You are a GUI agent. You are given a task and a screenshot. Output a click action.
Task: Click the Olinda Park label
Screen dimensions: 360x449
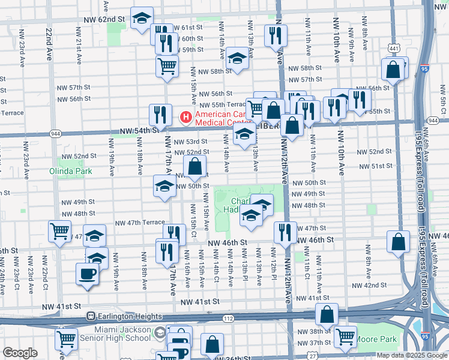click(71, 171)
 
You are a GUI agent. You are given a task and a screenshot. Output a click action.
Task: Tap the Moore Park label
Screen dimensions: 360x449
click(377, 340)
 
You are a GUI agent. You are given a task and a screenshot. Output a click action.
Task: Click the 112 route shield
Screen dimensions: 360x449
click(228, 318)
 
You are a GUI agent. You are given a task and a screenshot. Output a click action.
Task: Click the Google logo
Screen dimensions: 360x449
click(20, 353)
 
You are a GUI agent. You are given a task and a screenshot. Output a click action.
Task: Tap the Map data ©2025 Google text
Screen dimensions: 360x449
click(412, 355)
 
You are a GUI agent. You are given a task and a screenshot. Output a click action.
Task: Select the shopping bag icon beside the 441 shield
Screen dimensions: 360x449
click(393, 70)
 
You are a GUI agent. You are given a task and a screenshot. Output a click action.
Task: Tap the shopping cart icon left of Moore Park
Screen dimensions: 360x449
click(346, 338)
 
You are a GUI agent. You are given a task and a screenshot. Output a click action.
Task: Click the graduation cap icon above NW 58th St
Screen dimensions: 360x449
click(238, 59)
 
